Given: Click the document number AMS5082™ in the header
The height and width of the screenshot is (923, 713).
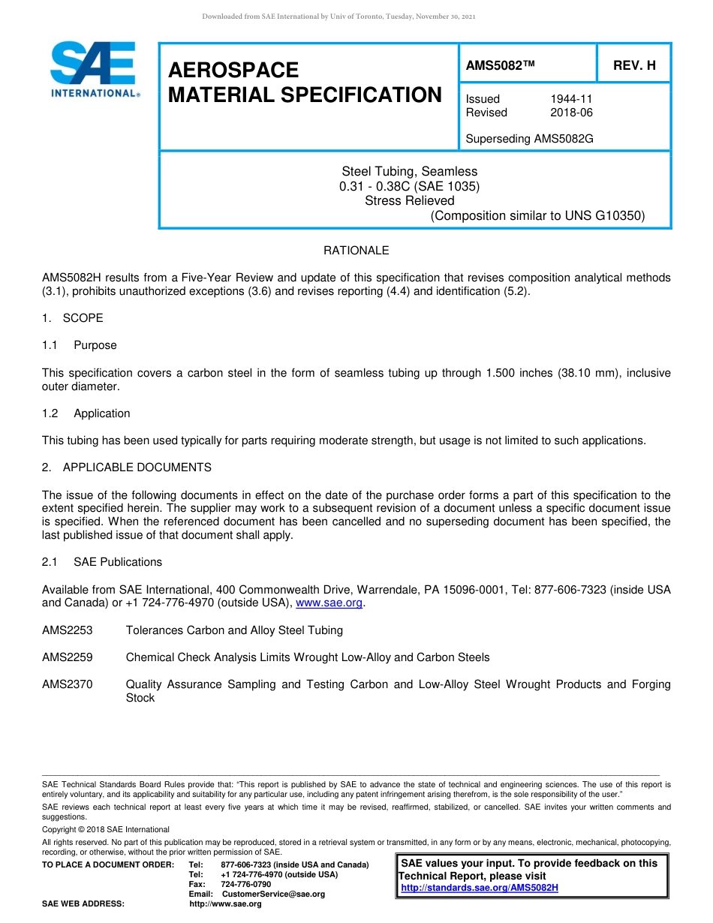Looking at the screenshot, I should [x=500, y=65].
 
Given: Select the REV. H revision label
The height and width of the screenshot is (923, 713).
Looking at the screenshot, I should [x=634, y=65].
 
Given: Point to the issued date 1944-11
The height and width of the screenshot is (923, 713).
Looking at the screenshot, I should [x=571, y=99].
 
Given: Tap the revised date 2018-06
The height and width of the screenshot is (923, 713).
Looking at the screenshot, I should [x=571, y=113].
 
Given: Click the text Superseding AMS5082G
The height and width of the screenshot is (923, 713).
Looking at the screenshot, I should [x=529, y=139].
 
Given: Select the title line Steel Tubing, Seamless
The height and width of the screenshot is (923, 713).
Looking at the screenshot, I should [x=409, y=172].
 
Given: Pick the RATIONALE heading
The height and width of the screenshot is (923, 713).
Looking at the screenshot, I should [x=356, y=251].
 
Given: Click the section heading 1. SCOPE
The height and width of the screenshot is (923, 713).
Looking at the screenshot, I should [x=73, y=318].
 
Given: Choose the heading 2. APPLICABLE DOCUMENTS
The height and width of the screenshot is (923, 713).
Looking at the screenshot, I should [x=127, y=468].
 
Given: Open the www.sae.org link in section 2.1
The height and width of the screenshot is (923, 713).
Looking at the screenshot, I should [x=329, y=603].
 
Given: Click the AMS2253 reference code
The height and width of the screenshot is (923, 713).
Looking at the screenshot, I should [x=68, y=630].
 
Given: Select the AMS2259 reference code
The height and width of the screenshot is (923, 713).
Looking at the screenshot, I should [x=68, y=657].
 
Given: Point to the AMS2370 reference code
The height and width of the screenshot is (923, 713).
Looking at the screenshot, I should [x=68, y=684].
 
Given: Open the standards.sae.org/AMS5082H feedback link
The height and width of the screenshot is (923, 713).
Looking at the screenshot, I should [x=480, y=888].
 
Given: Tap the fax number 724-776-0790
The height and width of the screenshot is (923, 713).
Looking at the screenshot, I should [x=245, y=884].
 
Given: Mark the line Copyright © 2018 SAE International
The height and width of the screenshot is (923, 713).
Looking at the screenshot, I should [x=106, y=829].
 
